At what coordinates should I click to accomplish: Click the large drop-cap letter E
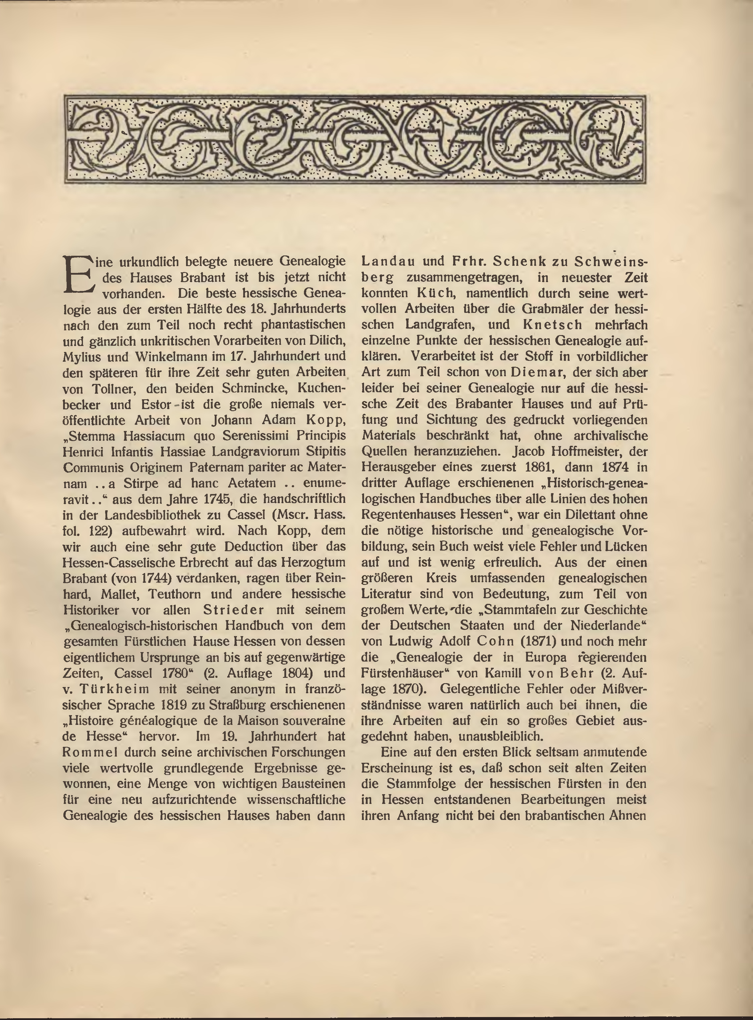point(78,275)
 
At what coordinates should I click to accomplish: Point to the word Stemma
point(92,436)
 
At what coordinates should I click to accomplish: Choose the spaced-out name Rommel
point(89,752)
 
